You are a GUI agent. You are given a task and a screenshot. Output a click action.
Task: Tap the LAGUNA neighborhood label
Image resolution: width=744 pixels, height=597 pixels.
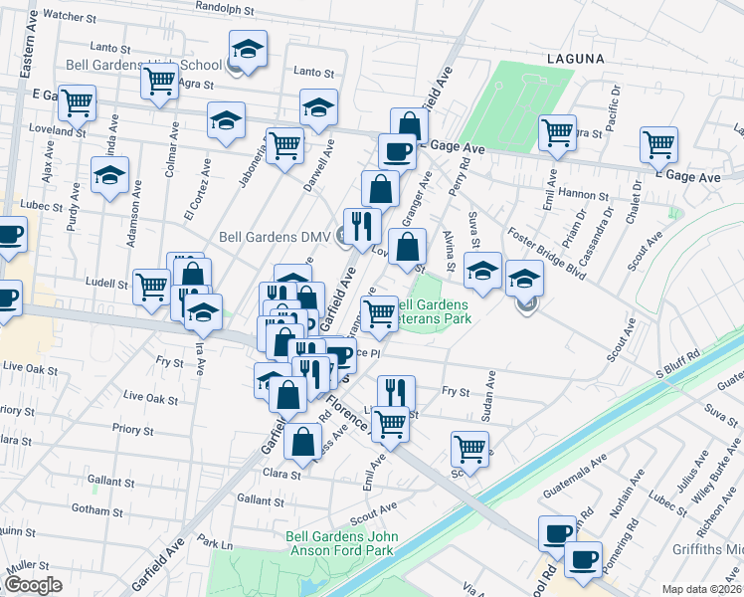pyautogui.click(x=575, y=59)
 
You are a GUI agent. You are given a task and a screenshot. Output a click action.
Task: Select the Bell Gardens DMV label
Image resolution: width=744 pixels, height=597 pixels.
pyautogui.click(x=275, y=237)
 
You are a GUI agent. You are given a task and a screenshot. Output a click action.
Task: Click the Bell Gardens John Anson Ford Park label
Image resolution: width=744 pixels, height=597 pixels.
pyautogui.click(x=342, y=543)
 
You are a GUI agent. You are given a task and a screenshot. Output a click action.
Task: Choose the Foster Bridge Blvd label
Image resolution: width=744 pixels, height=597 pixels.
pyautogui.click(x=545, y=255)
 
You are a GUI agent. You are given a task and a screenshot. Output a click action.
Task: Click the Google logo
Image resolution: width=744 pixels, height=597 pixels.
pyautogui.click(x=32, y=585)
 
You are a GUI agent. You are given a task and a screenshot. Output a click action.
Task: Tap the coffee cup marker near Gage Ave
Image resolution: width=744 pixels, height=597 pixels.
pyautogui.click(x=397, y=151)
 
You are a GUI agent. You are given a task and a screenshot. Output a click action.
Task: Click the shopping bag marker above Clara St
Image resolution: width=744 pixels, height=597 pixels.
pyautogui.click(x=303, y=438)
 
